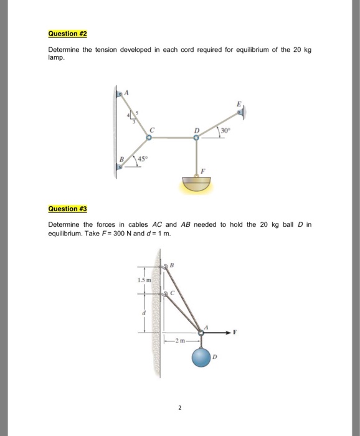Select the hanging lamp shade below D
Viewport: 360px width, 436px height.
pyautogui.click(x=197, y=184)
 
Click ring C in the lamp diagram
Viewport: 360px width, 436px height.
pyautogui.click(x=149, y=138)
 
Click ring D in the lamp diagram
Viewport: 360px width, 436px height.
pyautogui.click(x=197, y=138)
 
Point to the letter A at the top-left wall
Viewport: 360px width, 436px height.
pyautogui.click(x=127, y=92)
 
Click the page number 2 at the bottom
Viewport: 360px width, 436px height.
pyautogui.click(x=179, y=409)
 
